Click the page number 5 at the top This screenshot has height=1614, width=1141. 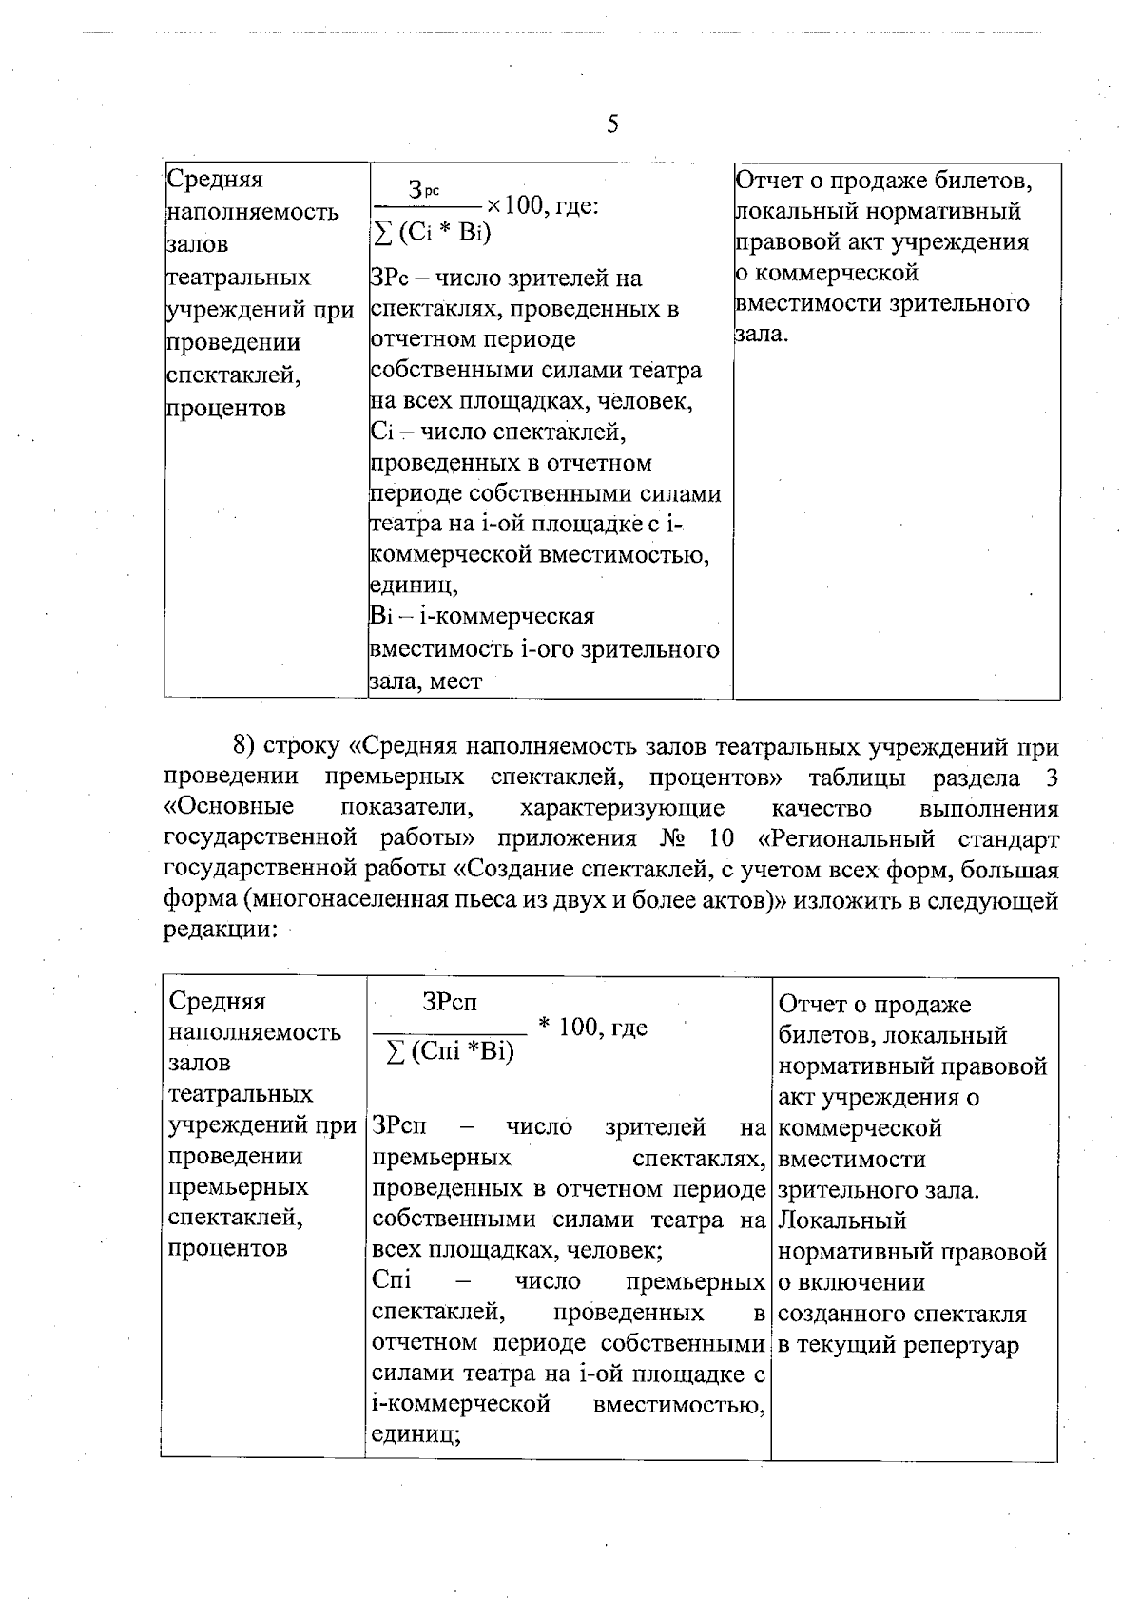612,125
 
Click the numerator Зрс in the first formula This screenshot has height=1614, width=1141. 425,190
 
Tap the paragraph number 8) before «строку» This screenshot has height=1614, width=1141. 245,746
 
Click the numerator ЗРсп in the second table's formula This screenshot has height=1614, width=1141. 450,1002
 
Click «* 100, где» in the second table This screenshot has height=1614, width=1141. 593,1027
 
